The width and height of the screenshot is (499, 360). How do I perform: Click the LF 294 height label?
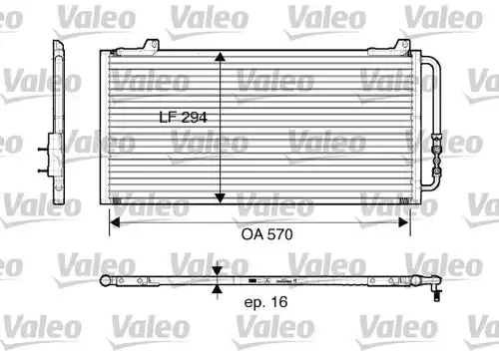[x=183, y=117]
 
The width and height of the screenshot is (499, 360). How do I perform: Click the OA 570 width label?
[x=266, y=234]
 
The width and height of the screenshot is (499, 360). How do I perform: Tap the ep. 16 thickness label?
[x=265, y=302]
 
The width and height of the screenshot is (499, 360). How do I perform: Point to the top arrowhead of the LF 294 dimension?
[x=220, y=57]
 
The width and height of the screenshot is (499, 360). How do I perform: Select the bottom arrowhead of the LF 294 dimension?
[x=220, y=198]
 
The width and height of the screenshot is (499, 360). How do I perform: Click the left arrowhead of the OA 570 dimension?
[x=115, y=222]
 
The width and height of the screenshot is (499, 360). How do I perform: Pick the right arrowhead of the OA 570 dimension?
[x=404, y=222]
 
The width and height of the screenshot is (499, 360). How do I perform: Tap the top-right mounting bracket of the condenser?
[x=401, y=47]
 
